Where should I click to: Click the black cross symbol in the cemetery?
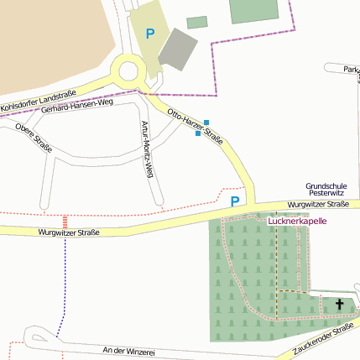[340, 304]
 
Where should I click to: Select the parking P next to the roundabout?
[150, 34]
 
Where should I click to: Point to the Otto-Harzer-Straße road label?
[195, 125]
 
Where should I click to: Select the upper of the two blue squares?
[206, 123]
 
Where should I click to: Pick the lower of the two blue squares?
[198, 133]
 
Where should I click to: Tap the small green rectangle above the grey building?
[196, 23]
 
